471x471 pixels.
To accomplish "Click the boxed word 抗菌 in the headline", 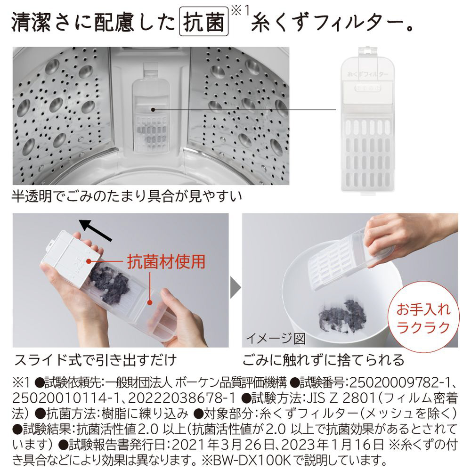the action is tap(203, 22).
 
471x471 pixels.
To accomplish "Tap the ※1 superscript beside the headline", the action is tap(241, 11).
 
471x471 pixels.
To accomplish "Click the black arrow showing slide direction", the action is tap(96, 230).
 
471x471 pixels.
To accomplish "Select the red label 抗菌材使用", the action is tap(166, 261).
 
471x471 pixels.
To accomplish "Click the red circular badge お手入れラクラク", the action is tap(423, 317).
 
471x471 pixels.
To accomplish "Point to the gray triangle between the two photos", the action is tap(235, 288).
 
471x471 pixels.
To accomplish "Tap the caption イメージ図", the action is tap(276, 339).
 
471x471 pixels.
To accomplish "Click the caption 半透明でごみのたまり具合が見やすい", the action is tap(127, 196).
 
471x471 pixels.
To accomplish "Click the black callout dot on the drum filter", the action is tap(153, 110).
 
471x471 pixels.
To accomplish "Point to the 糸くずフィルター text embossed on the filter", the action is tap(368, 74).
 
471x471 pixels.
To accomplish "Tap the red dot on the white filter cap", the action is tap(89, 261).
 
